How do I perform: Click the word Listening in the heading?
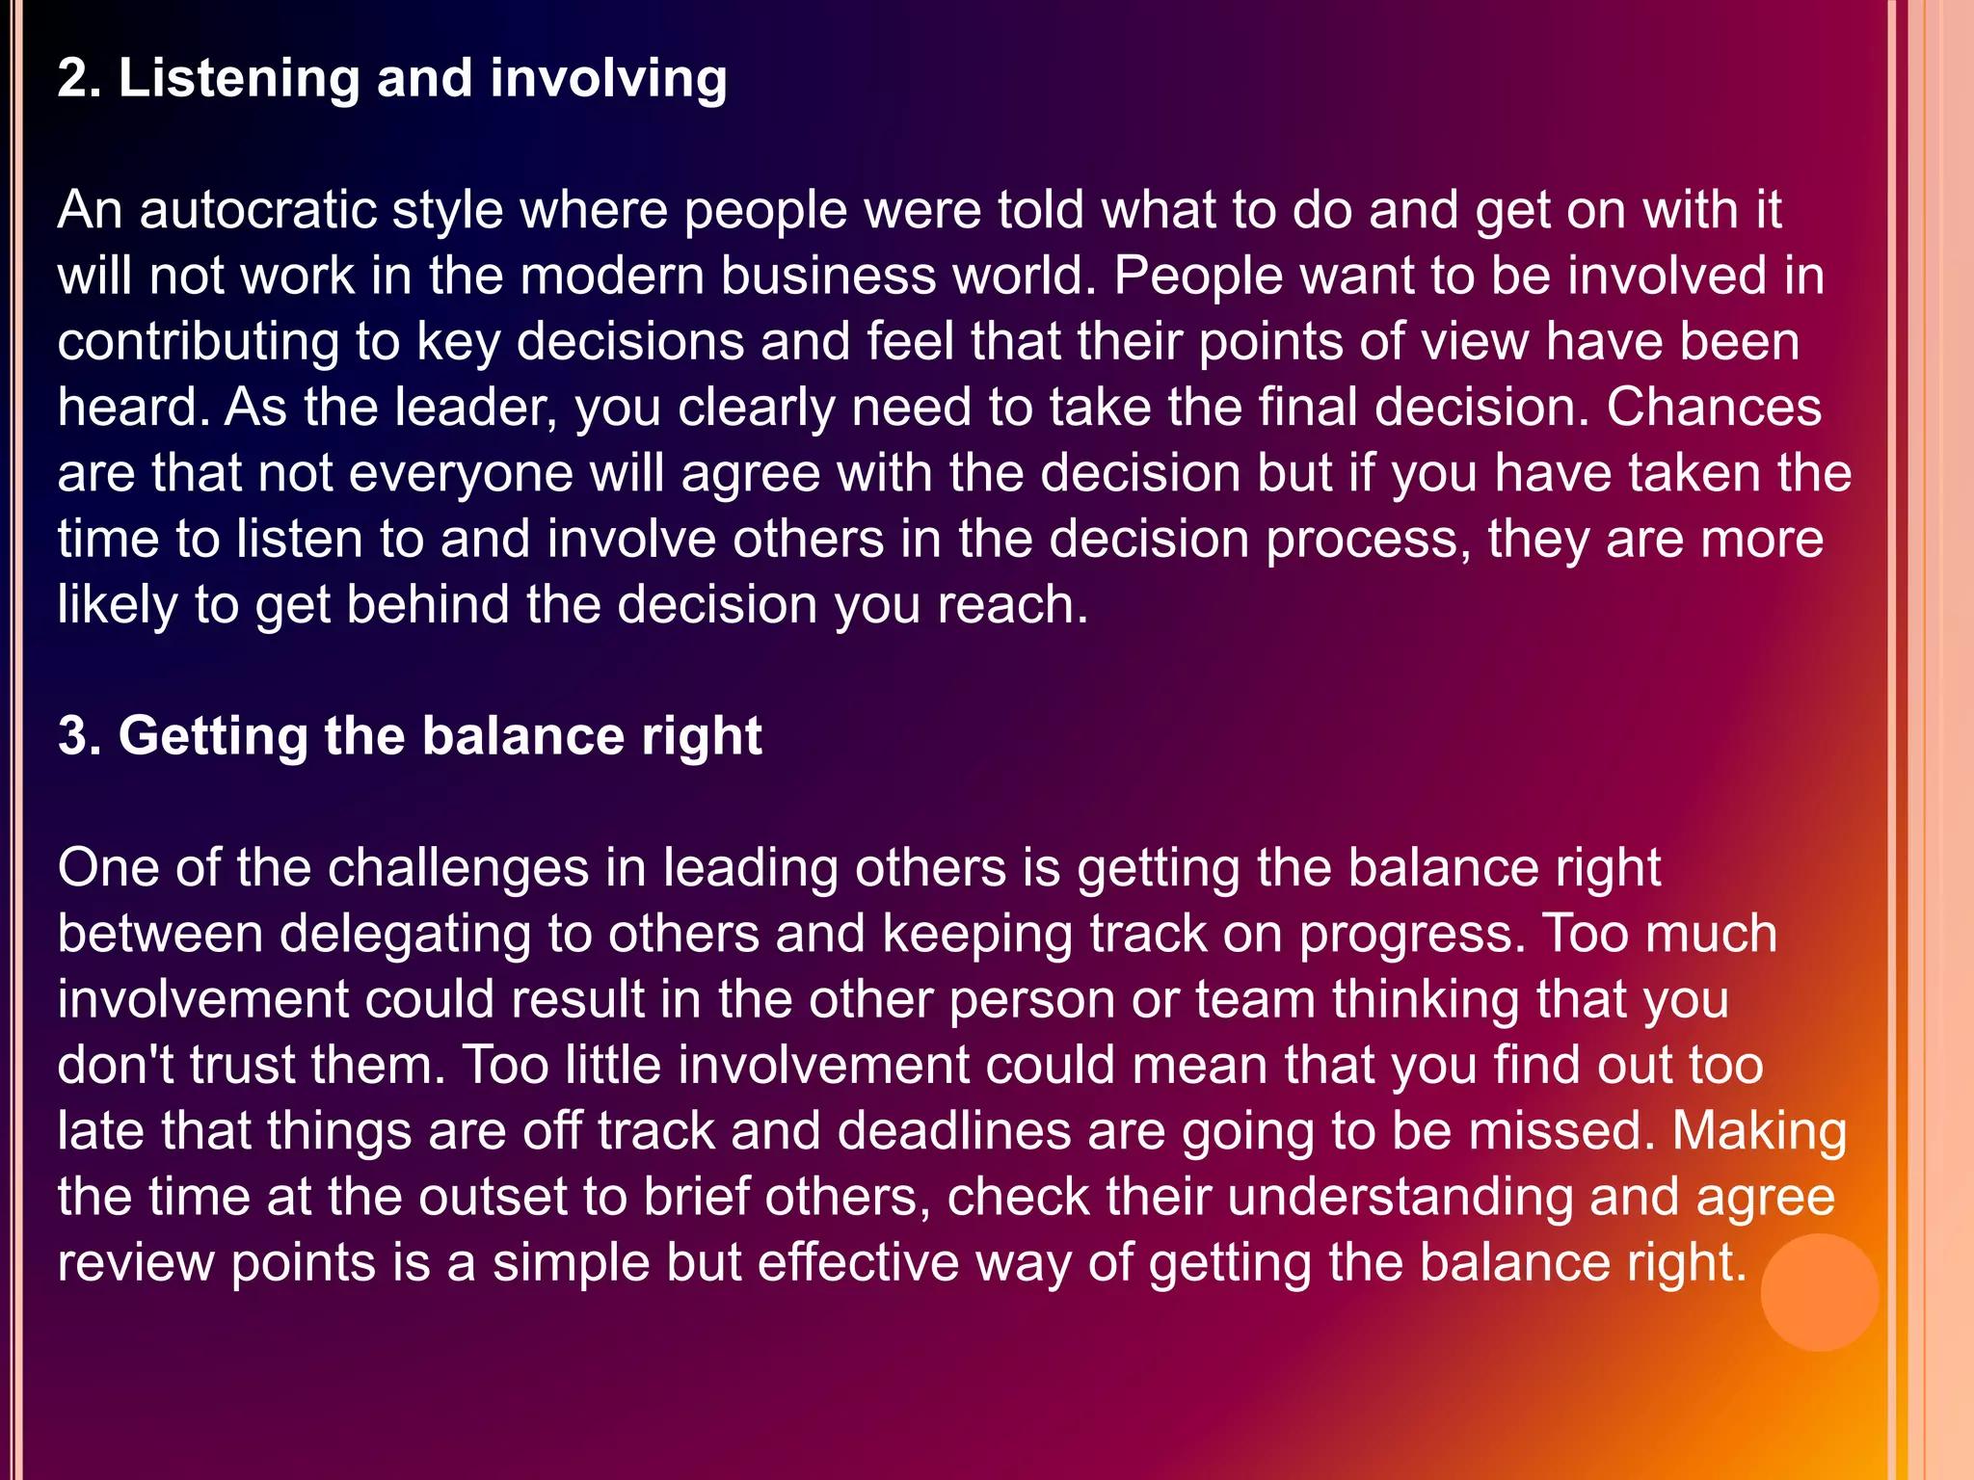[x=238, y=78]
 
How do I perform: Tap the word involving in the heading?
[x=608, y=78]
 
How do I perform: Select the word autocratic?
[x=257, y=210]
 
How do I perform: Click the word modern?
[x=611, y=276]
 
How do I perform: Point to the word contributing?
[x=198, y=342]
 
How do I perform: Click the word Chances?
[x=1714, y=407]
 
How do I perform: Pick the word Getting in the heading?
[x=212, y=737]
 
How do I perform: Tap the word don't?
[x=115, y=1066]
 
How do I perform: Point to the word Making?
[x=1759, y=1131]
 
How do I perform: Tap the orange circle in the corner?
[x=1819, y=1292]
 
